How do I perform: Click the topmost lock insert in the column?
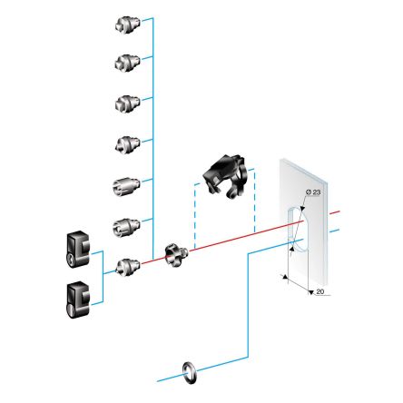click(125, 25)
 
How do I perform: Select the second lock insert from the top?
click(125, 62)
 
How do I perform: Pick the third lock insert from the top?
click(125, 103)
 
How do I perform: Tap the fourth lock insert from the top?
click(125, 143)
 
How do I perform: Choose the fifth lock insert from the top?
click(125, 184)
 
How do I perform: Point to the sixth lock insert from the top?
click(125, 224)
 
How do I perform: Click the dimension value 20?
click(319, 291)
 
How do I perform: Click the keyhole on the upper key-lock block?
click(69, 259)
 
